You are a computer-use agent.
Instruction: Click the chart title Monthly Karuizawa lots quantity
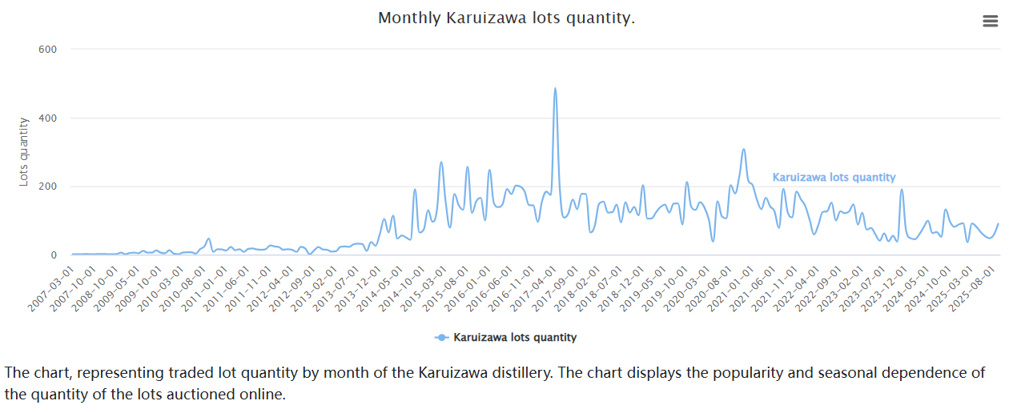(506, 18)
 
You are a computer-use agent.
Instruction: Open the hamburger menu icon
(991, 22)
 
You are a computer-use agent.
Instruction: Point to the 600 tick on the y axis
(48, 50)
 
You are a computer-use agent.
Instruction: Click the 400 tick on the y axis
(48, 118)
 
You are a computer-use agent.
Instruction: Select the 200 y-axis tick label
(48, 186)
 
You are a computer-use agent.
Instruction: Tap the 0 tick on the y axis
(54, 255)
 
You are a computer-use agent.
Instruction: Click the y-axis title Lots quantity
(24, 152)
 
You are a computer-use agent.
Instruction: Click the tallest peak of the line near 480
(555, 89)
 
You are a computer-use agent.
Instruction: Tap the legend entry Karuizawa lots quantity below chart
(514, 338)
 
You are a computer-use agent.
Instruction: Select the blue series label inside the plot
(834, 178)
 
